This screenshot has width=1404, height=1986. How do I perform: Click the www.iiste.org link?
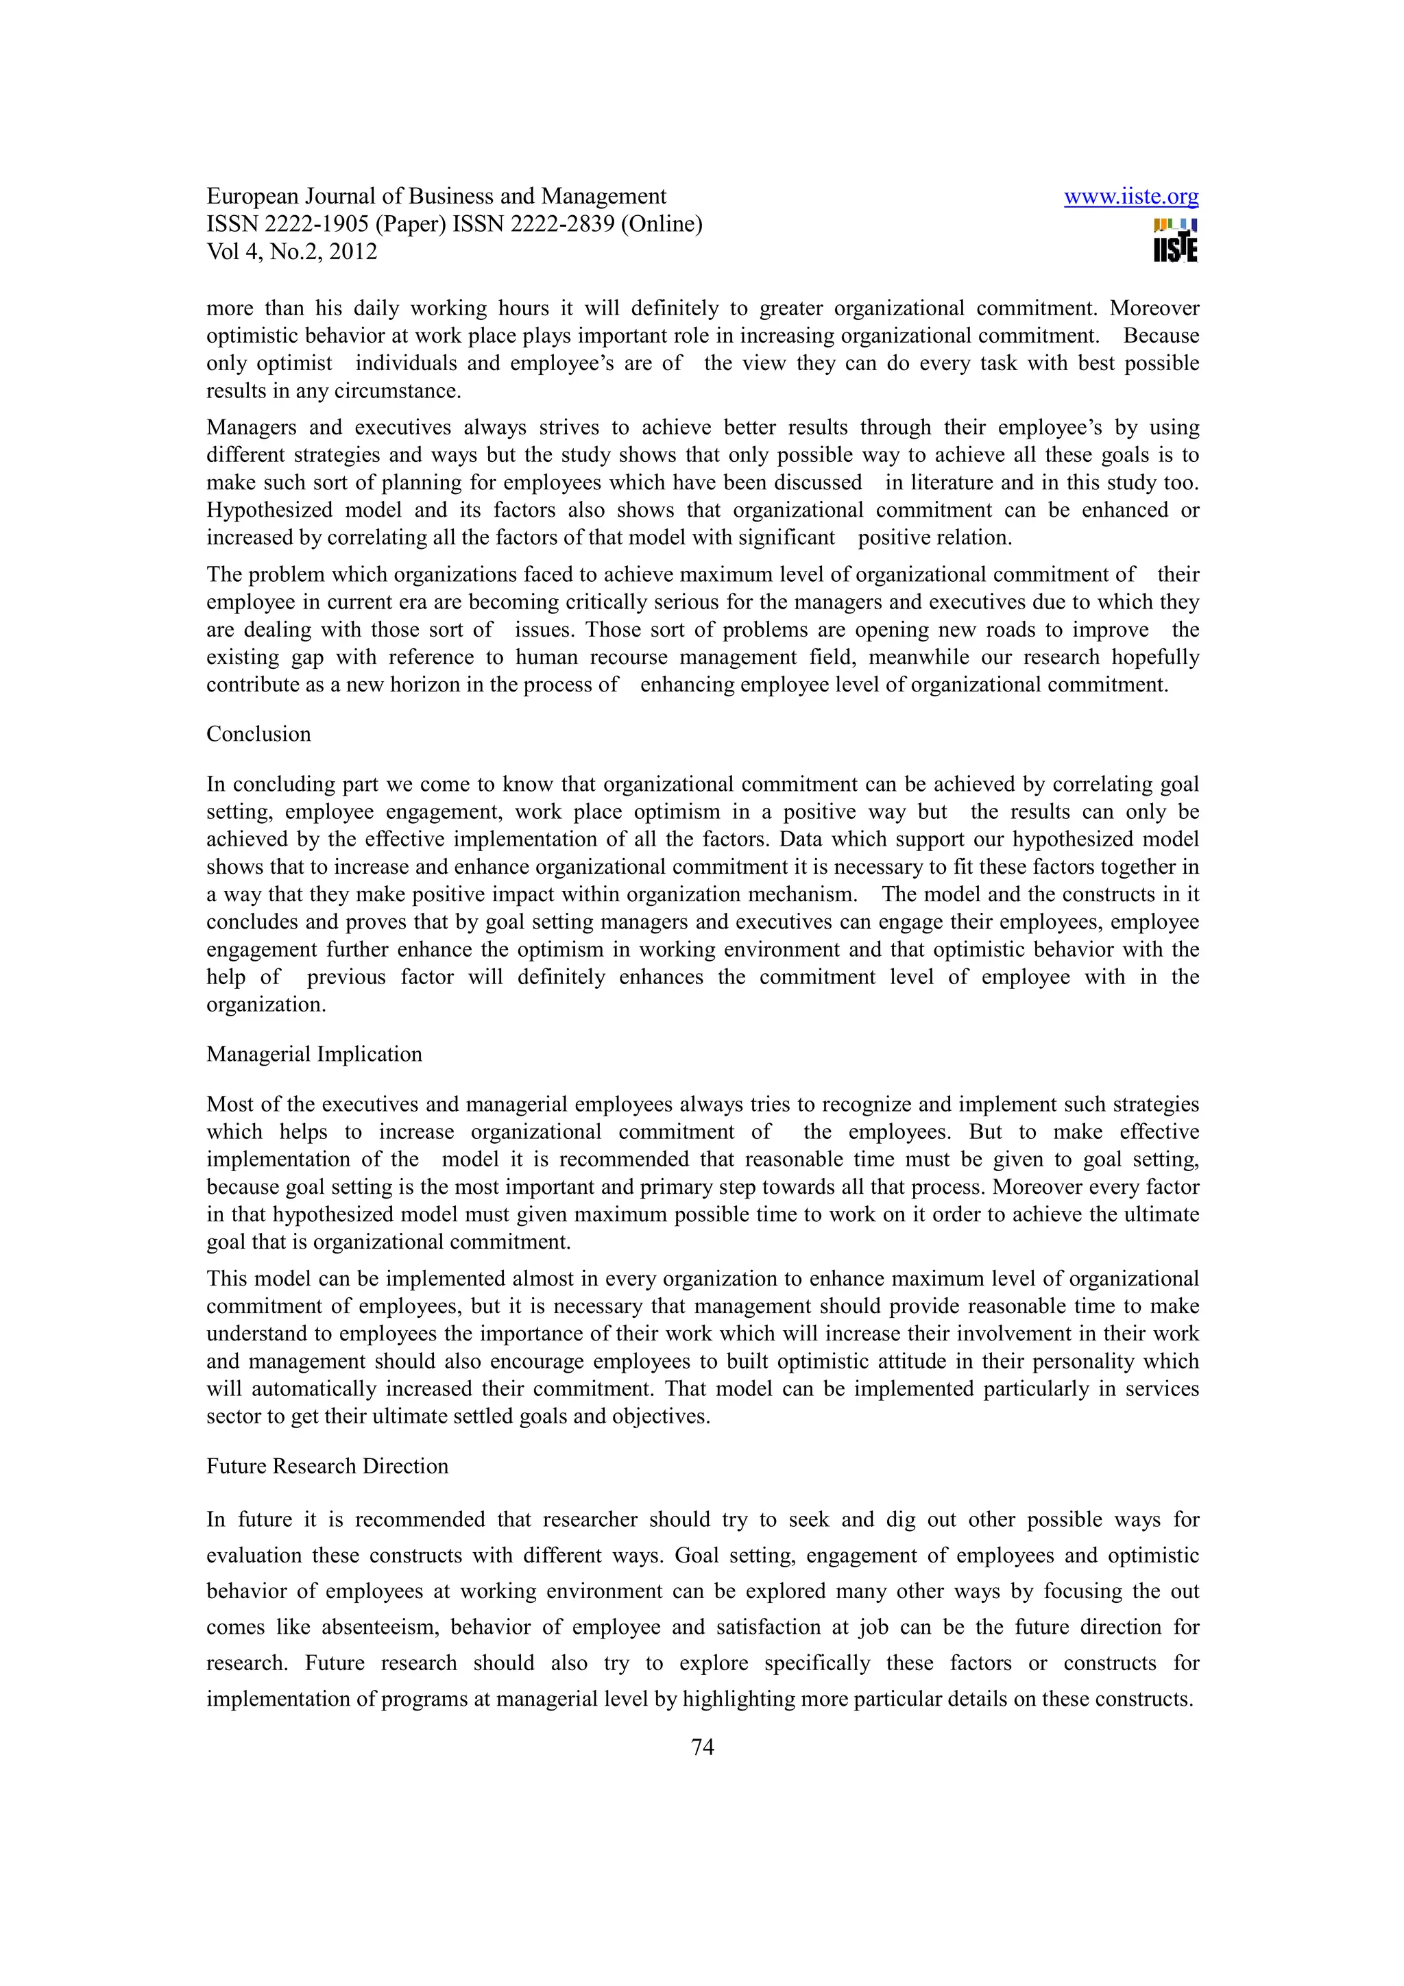point(1130,197)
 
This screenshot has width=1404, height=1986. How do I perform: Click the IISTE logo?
point(1176,241)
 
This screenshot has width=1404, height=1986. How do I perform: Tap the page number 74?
point(703,1746)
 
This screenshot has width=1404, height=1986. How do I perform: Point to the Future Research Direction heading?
point(327,1465)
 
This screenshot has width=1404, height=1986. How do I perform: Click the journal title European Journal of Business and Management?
point(436,197)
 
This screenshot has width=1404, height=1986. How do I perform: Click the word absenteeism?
point(380,1627)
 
